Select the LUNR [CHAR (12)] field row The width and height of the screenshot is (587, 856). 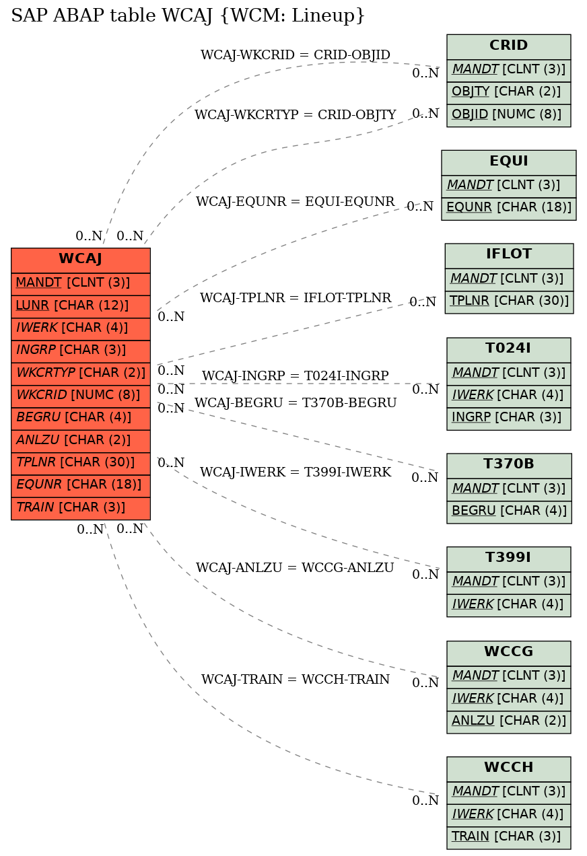click(x=81, y=306)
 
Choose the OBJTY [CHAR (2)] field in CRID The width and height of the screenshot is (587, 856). click(x=509, y=93)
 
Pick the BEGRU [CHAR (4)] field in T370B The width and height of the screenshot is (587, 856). click(x=509, y=512)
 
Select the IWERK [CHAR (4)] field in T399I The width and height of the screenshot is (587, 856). click(x=509, y=605)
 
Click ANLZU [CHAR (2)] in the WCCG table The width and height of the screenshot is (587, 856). click(x=509, y=722)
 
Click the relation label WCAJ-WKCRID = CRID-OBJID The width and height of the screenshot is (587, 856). click(x=296, y=55)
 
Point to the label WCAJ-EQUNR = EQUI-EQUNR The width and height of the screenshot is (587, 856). click(x=295, y=201)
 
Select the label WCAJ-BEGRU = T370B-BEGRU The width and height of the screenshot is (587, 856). click(x=296, y=403)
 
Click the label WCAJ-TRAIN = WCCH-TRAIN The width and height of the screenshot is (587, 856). click(x=296, y=679)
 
